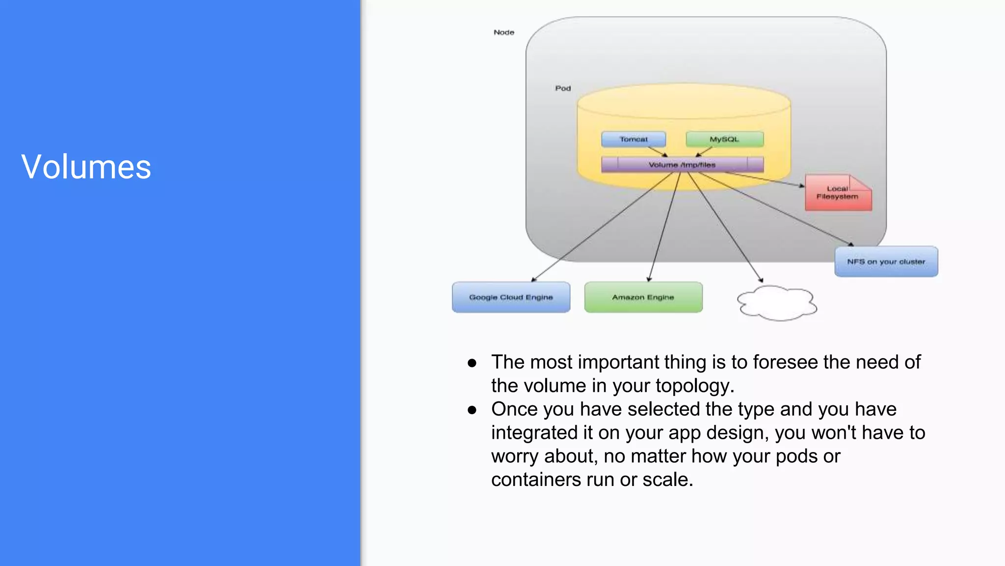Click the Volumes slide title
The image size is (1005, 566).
point(86,167)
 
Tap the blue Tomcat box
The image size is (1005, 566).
point(634,140)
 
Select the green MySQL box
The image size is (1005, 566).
point(724,140)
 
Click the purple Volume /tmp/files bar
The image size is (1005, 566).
point(682,165)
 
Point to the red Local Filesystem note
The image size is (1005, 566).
point(838,193)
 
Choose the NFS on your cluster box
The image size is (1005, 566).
point(886,262)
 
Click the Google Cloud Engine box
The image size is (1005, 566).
point(511,297)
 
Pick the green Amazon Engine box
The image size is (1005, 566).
point(643,297)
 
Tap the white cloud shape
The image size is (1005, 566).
point(777,303)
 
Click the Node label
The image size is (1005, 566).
point(504,32)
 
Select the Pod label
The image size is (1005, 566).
point(563,88)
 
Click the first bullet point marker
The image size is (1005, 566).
point(472,363)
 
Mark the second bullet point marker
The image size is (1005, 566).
point(472,410)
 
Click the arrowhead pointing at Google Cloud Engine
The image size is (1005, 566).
point(533,280)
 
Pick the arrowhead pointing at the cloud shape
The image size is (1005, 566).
point(761,281)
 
